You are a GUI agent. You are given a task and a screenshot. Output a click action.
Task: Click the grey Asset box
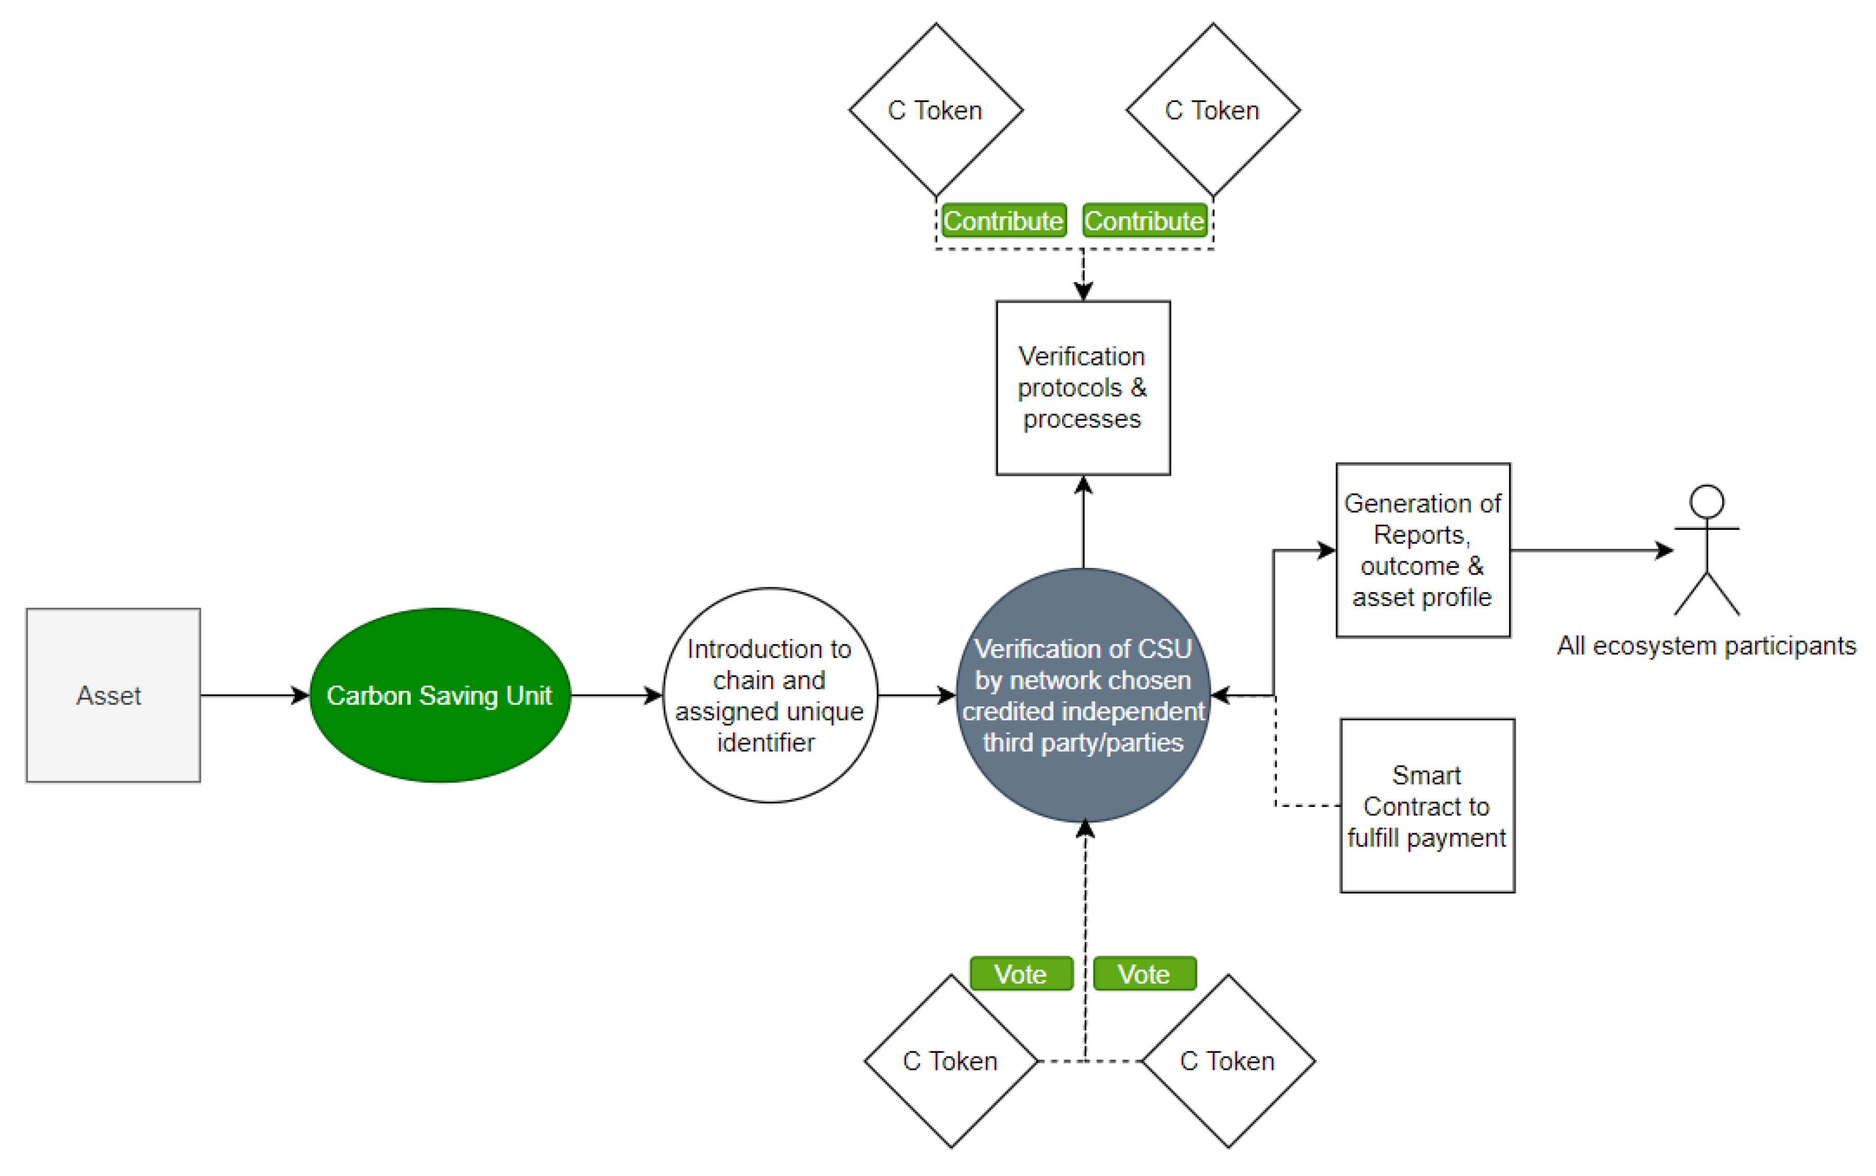[x=113, y=695]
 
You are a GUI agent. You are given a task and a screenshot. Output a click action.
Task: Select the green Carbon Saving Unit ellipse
[x=439, y=695]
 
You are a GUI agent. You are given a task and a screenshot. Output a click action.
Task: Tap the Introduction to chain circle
[x=769, y=695]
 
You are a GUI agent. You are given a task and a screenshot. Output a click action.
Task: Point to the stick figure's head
[x=1707, y=501]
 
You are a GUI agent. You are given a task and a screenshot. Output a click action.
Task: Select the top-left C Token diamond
[x=935, y=110]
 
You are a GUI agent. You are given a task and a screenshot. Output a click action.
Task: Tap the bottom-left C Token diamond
[x=950, y=1060]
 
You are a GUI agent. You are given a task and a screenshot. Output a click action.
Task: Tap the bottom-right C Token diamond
[x=1228, y=1060]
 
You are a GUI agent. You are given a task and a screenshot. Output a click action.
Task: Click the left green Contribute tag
[x=1003, y=221]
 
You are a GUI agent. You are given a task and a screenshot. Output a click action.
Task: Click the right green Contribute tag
[x=1143, y=221]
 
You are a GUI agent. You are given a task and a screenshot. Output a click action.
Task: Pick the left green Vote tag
[x=1021, y=973]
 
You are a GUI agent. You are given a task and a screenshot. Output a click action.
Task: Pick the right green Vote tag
[x=1143, y=973]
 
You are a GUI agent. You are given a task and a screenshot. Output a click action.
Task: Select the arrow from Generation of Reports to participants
[x=1590, y=550]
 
